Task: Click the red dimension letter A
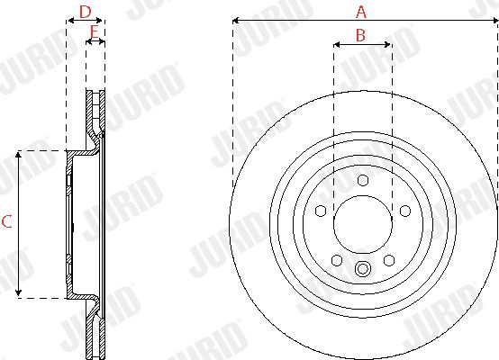pyautogui.click(x=361, y=12)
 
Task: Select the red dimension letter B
pyautogui.click(x=360, y=35)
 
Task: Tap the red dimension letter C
pyautogui.click(x=6, y=221)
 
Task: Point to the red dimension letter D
pyautogui.click(x=86, y=12)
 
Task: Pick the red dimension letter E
pyautogui.click(x=95, y=31)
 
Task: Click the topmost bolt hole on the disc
pyautogui.click(x=363, y=180)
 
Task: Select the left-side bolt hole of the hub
pyautogui.click(x=321, y=211)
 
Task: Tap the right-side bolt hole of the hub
pyautogui.click(x=405, y=211)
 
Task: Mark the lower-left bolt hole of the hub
pyautogui.click(x=337, y=260)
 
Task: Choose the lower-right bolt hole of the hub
pyautogui.click(x=389, y=260)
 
